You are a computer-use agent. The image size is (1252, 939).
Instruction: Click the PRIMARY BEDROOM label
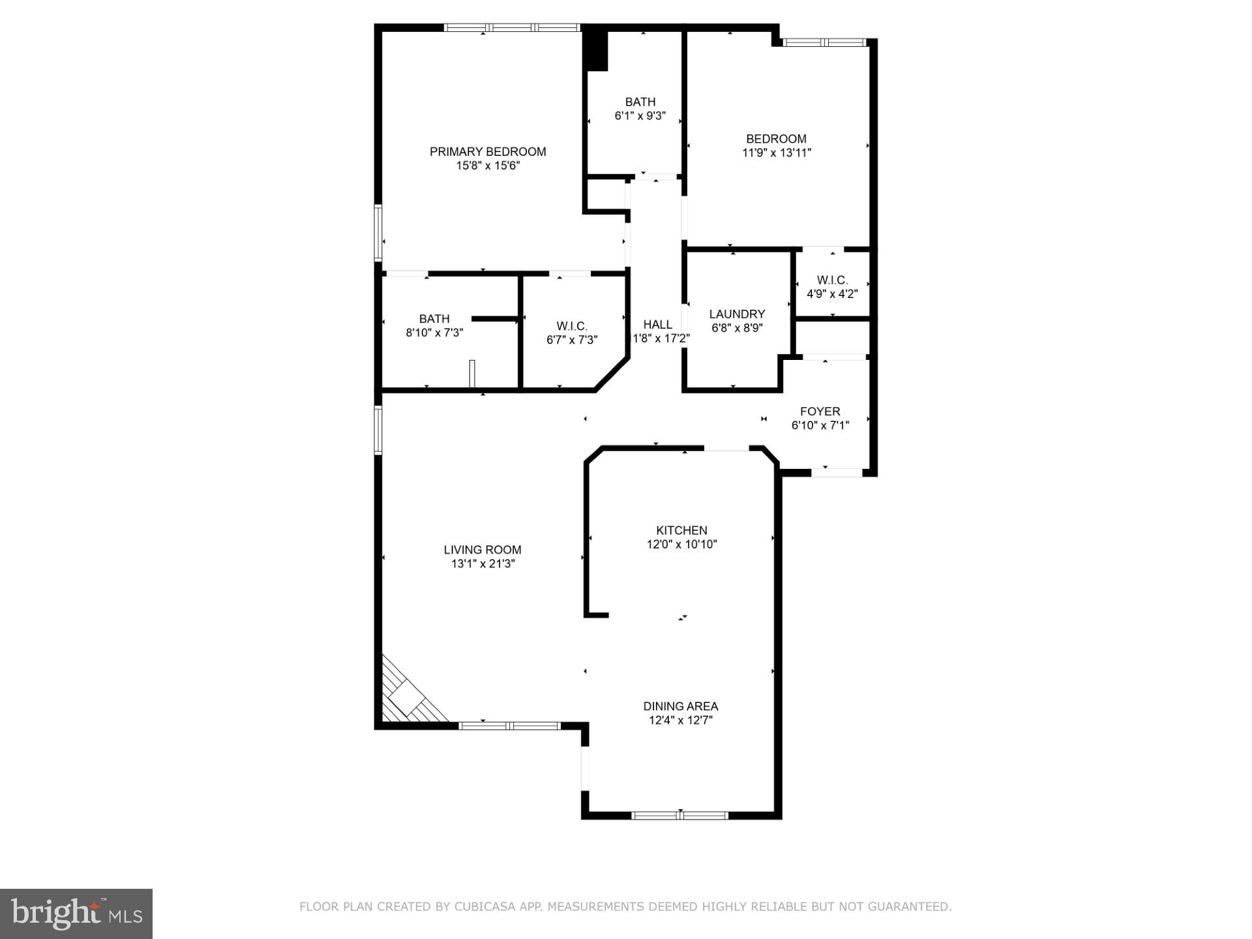pyautogui.click(x=488, y=152)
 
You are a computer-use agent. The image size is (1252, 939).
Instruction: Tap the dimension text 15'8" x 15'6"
pyautogui.click(x=488, y=166)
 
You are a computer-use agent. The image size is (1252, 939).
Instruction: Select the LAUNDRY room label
pyautogui.click(x=737, y=314)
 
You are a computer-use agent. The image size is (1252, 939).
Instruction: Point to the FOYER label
pyautogui.click(x=820, y=411)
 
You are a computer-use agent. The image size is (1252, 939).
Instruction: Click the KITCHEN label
pyautogui.click(x=681, y=530)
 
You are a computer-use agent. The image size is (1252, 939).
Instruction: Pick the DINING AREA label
pyautogui.click(x=681, y=706)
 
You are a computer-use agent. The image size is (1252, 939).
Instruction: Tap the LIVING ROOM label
pyautogui.click(x=483, y=550)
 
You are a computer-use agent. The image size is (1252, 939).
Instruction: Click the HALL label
pyautogui.click(x=657, y=325)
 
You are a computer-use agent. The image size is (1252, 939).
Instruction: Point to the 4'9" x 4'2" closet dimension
pyautogui.click(x=832, y=294)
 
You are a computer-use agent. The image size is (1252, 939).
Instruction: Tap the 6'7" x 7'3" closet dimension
pyautogui.click(x=572, y=340)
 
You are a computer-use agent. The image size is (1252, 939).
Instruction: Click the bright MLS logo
pyautogui.click(x=76, y=914)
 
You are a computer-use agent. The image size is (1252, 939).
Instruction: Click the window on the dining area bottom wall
pyautogui.click(x=679, y=814)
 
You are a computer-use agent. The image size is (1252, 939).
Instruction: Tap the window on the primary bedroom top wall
pyautogui.click(x=512, y=27)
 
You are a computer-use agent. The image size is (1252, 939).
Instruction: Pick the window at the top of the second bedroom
pyautogui.click(x=824, y=42)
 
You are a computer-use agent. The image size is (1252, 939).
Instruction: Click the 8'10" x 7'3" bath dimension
pyautogui.click(x=434, y=333)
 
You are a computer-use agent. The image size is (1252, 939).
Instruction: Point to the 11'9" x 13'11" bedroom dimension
pyautogui.click(x=776, y=153)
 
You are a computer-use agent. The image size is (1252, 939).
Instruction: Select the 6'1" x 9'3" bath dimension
pyautogui.click(x=640, y=116)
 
